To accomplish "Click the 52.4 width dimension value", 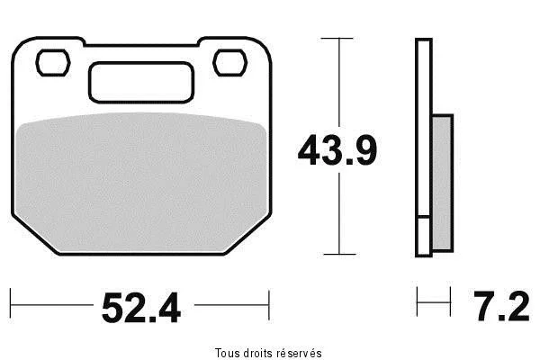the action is [x=141, y=307].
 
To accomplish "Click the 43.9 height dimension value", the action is [x=337, y=150].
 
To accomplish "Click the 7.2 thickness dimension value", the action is [x=501, y=306].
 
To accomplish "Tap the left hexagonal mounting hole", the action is [x=53, y=63].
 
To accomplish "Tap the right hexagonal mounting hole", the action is [x=230, y=63].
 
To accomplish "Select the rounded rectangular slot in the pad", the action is [x=141, y=83].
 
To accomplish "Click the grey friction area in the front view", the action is [x=141, y=183].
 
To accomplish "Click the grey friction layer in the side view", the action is [x=442, y=183].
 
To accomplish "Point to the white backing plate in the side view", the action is [x=424, y=128].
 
